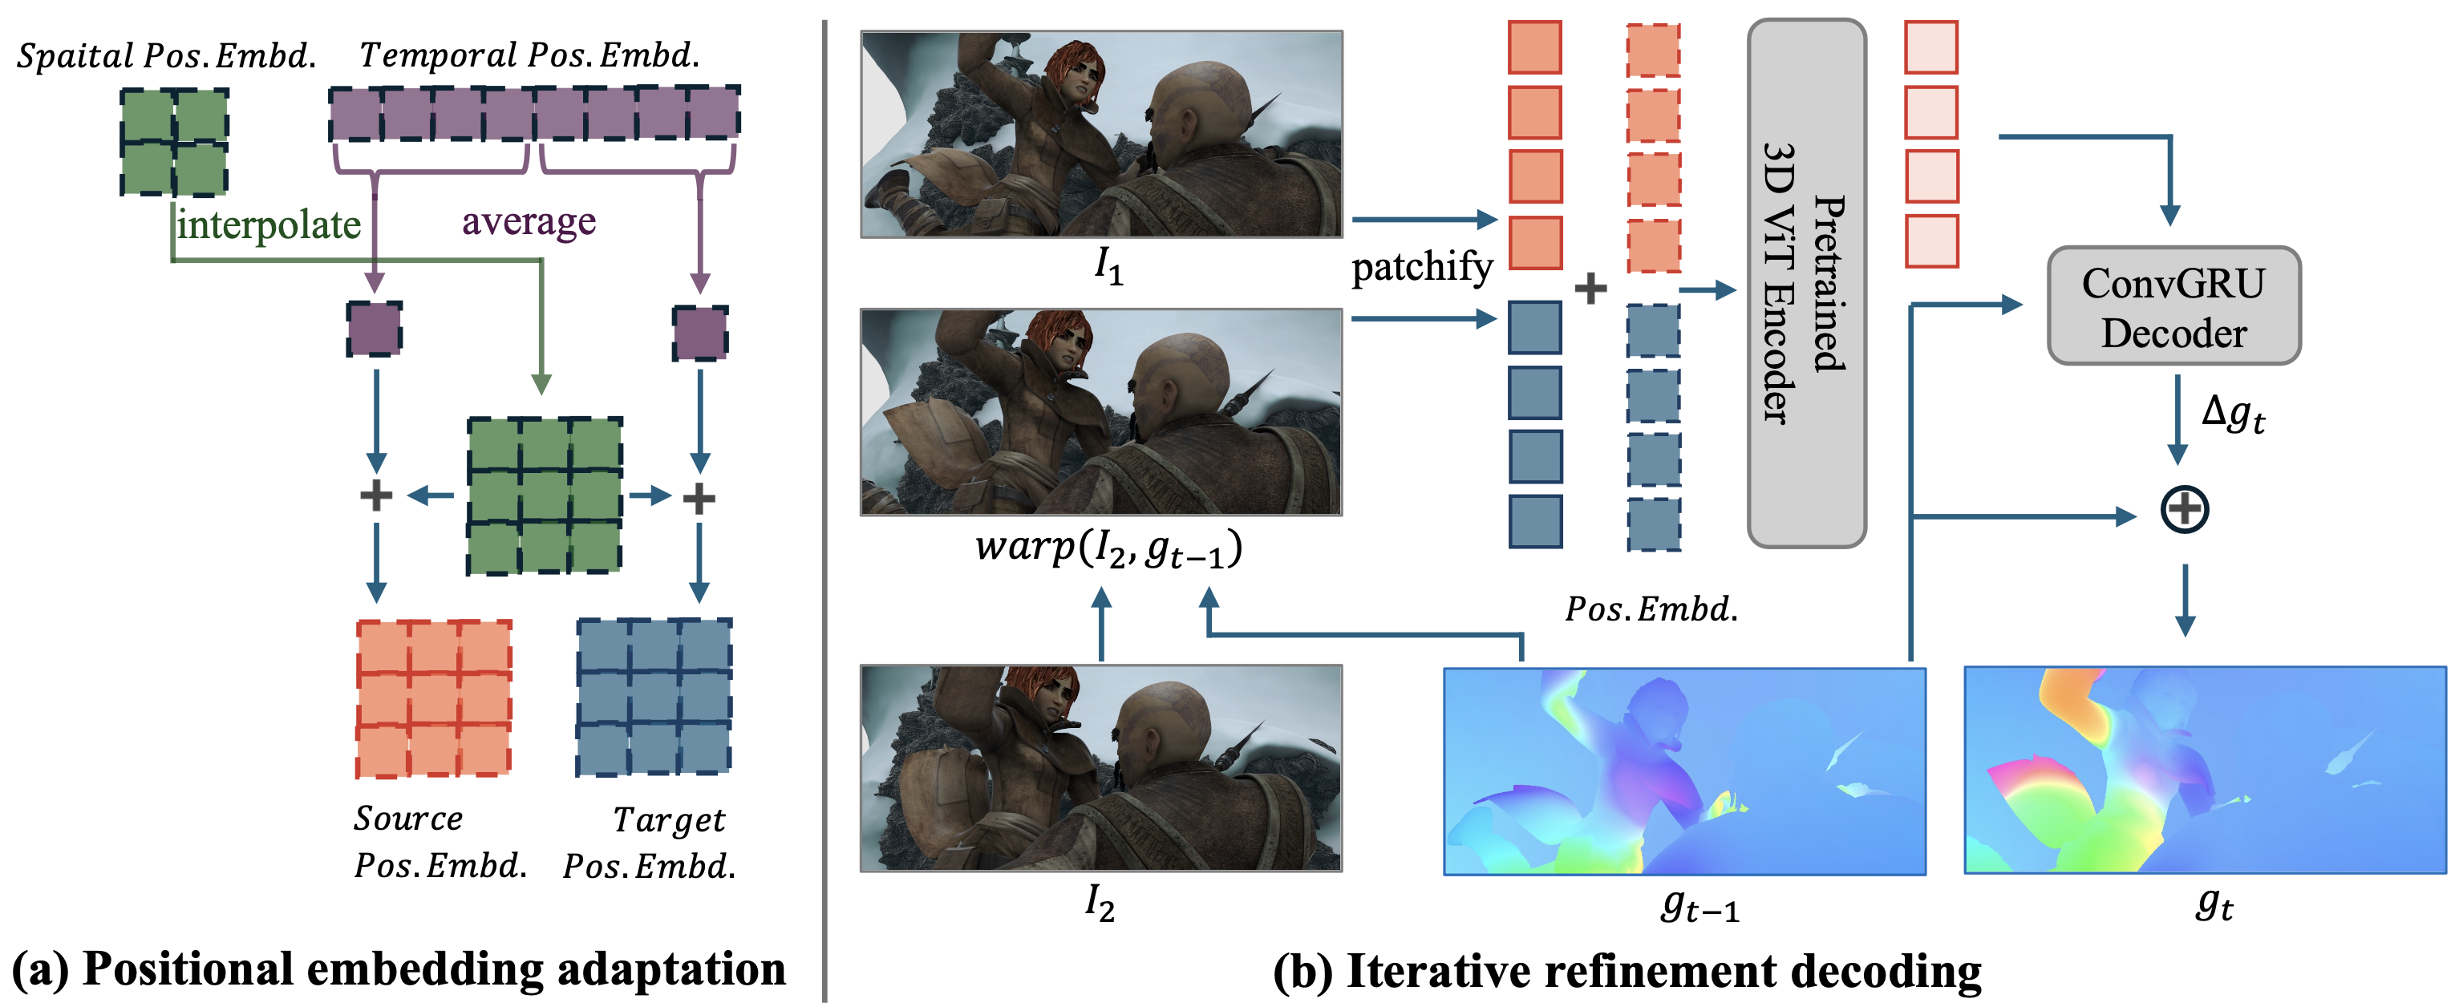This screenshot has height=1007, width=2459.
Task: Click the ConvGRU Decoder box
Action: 2173,306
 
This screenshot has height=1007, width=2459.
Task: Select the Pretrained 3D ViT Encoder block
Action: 1805,284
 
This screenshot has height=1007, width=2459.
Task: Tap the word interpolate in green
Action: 269,225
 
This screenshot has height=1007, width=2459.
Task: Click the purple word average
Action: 529,221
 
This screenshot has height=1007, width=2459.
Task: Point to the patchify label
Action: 1421,266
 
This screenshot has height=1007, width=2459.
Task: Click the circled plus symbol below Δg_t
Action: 2184,509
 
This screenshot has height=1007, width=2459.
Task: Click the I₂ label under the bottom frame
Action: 1100,902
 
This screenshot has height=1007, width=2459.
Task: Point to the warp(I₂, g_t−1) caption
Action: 1108,549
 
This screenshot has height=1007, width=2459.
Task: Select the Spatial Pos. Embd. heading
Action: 166,55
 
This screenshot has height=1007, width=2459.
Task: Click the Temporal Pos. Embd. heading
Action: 529,55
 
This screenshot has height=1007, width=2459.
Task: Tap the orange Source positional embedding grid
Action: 433,698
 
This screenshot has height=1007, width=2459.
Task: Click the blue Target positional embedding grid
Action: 654,697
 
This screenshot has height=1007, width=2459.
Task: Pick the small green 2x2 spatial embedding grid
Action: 174,141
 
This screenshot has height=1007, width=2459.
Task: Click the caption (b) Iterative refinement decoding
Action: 1627,972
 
